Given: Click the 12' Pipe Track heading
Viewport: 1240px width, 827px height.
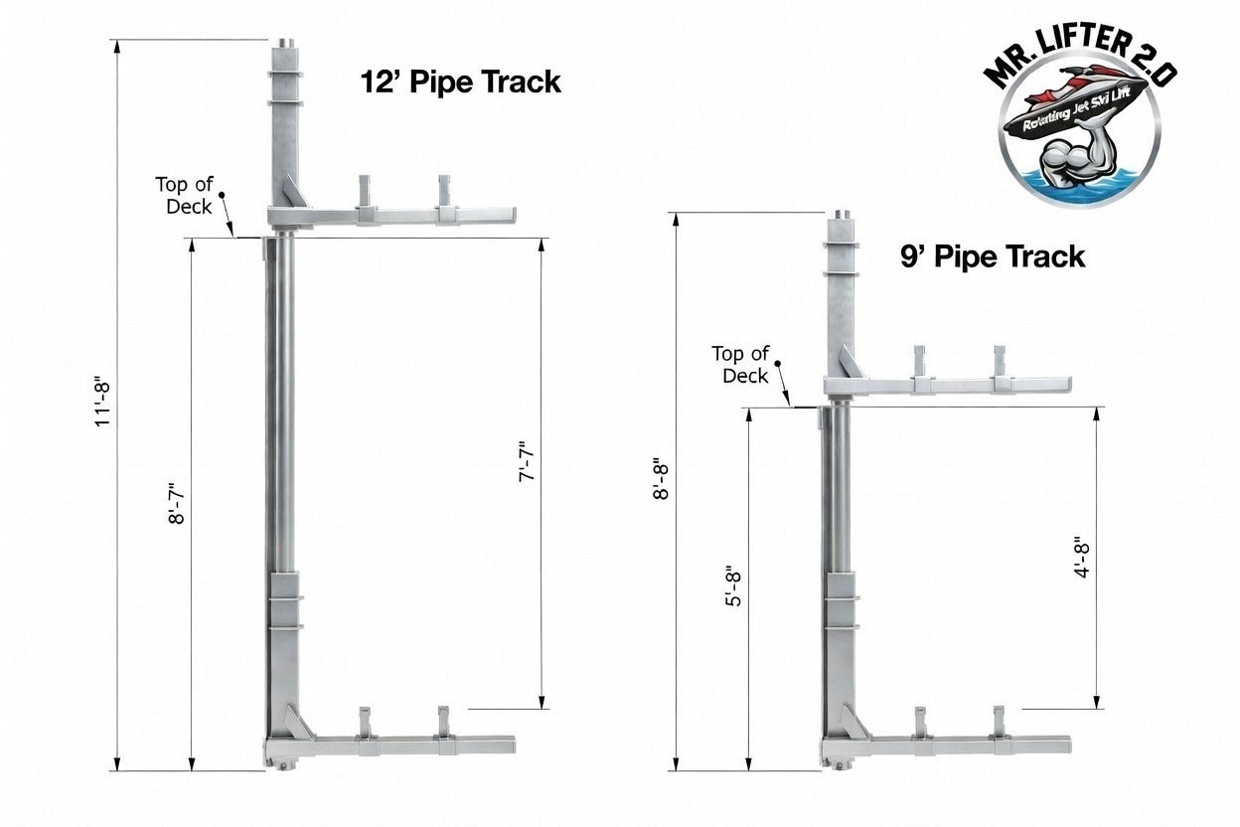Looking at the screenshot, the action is [461, 82].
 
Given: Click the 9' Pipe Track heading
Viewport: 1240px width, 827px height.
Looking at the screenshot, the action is [993, 257].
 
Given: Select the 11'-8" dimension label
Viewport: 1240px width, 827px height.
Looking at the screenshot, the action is [103, 404].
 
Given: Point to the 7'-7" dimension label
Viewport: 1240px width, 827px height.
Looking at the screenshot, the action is [527, 461].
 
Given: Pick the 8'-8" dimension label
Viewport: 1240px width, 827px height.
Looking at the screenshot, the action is [661, 479].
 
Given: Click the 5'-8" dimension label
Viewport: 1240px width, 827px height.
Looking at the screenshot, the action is [733, 586].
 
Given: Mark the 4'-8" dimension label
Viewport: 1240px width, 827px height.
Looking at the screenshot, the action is [1082, 558].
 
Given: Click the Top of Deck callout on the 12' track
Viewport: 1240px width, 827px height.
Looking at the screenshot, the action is [184, 196].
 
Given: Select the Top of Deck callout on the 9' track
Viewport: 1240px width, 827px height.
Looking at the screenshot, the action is [740, 365].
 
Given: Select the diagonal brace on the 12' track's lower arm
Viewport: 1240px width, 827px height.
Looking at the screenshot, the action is [299, 722].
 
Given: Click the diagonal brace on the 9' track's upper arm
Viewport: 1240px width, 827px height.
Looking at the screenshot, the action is [852, 362].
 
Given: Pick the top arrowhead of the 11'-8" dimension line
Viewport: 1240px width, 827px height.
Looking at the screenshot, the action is [117, 46].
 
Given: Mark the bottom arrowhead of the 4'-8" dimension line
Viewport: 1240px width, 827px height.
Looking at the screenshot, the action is [1097, 702].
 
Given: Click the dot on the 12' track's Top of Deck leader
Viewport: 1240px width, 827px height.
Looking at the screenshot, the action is [222, 195].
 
